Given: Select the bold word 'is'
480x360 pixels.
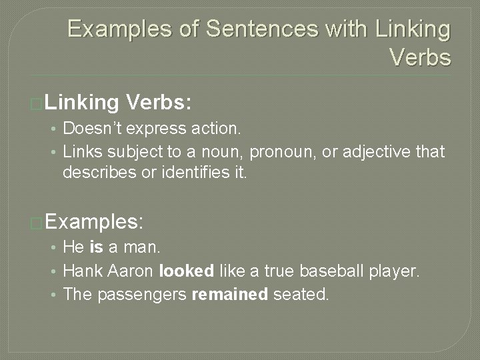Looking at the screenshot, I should [x=95, y=247].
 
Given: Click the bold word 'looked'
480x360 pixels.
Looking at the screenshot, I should [x=186, y=271].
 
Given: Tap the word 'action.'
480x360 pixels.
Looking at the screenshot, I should [x=221, y=127].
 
